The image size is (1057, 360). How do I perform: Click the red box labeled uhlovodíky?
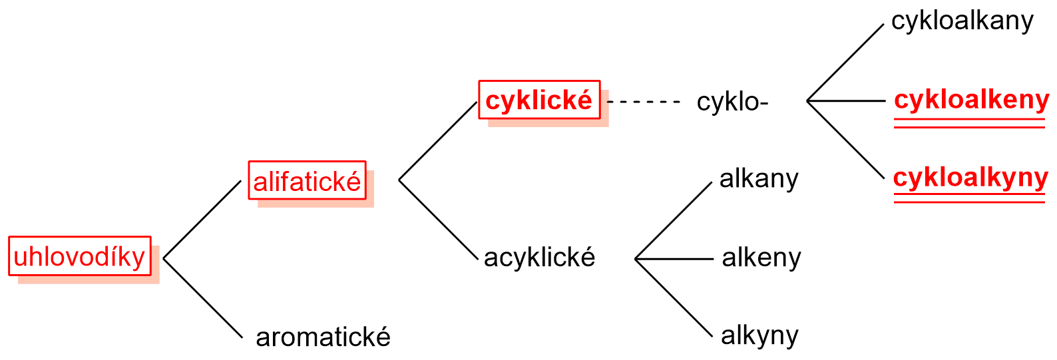pos(80,256)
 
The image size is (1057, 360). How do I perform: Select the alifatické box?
pos(307,180)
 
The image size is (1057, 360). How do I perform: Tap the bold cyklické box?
pos(539,100)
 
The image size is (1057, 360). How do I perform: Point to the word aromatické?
pos(323,337)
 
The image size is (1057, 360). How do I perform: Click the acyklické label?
pos(539,258)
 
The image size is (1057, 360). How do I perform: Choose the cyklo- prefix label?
pos(732,102)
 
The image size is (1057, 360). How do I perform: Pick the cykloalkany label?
pos(962,21)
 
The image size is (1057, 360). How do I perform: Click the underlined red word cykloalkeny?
pos(971,100)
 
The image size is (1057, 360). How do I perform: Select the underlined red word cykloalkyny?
pos(970,178)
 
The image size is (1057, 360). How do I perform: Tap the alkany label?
pos(759,179)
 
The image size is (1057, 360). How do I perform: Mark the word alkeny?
pos(761,258)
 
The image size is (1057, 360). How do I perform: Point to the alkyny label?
pos(759,335)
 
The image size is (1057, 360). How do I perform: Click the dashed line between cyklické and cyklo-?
pos(643,102)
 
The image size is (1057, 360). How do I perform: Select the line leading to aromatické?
pos(203,299)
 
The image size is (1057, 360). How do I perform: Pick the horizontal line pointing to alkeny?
pos(674,259)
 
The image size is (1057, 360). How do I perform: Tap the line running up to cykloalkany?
pos(845,63)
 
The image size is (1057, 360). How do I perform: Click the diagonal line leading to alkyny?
pos(674,298)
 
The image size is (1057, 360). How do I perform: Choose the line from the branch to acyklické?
pos(438,219)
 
